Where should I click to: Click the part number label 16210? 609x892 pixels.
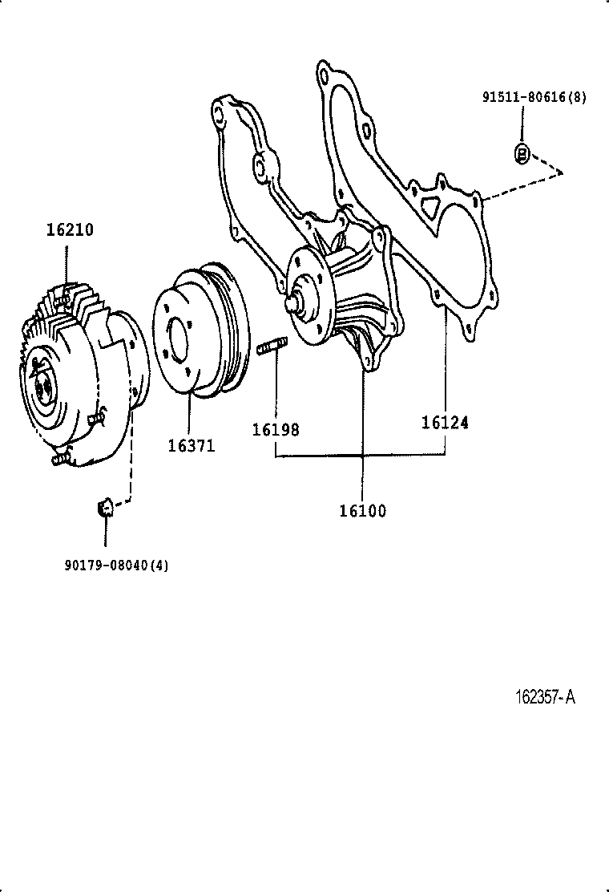point(69,230)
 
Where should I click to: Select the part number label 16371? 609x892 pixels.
point(191,445)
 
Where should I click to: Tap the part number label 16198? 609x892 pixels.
point(275,430)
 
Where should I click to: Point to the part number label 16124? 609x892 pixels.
point(445,422)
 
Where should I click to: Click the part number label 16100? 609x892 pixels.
point(361,511)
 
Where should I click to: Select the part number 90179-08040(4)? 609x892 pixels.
point(117,565)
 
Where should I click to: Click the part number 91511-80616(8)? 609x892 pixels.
point(534,98)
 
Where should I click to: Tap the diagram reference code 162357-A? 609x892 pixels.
point(544,697)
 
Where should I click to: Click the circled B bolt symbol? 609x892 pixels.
point(521,153)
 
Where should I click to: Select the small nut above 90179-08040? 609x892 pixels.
point(103,507)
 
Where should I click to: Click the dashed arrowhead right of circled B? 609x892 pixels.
point(562,172)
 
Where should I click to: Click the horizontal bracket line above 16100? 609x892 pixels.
point(361,456)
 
